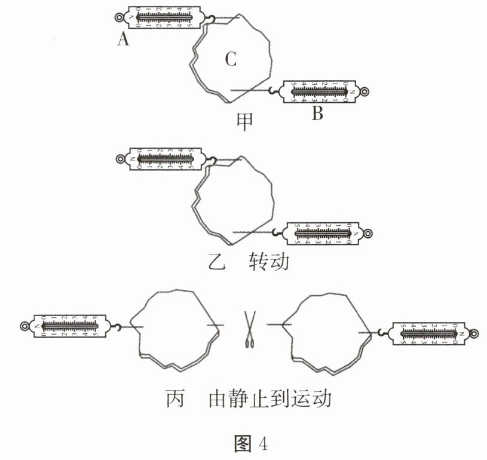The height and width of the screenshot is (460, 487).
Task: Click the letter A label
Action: click(x=124, y=39)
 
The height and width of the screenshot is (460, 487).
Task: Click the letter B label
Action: click(x=317, y=114)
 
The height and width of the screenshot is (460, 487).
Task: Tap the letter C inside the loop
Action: click(x=231, y=59)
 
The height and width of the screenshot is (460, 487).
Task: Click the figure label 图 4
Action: click(x=250, y=443)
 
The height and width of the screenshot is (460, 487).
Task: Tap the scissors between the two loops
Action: click(x=249, y=329)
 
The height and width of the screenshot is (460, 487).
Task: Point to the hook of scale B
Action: click(x=273, y=91)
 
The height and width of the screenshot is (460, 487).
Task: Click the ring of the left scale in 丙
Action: click(x=24, y=326)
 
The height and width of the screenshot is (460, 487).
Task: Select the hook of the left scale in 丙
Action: click(x=119, y=326)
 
